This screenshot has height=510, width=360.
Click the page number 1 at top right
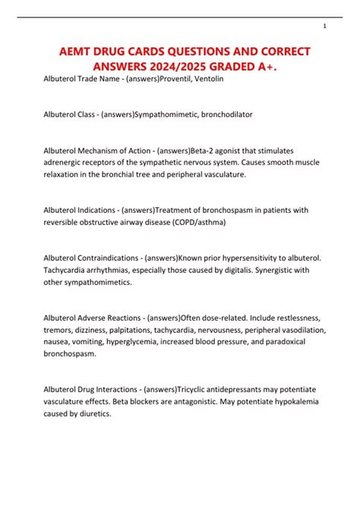coord(324,26)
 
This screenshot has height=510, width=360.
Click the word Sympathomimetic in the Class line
coord(162,114)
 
